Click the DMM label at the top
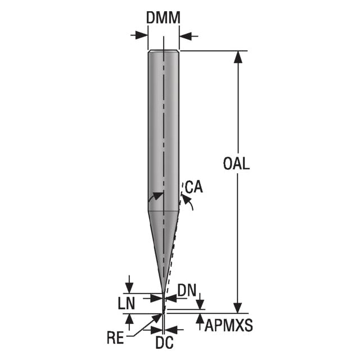tap(163, 17)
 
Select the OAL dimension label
tap(236, 164)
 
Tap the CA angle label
tap(194, 187)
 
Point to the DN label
tap(187, 291)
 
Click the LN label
tap(126, 303)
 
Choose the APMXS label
tap(229, 325)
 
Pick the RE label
tap(116, 337)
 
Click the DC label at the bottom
tap(165, 343)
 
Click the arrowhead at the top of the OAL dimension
tap(238, 57)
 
